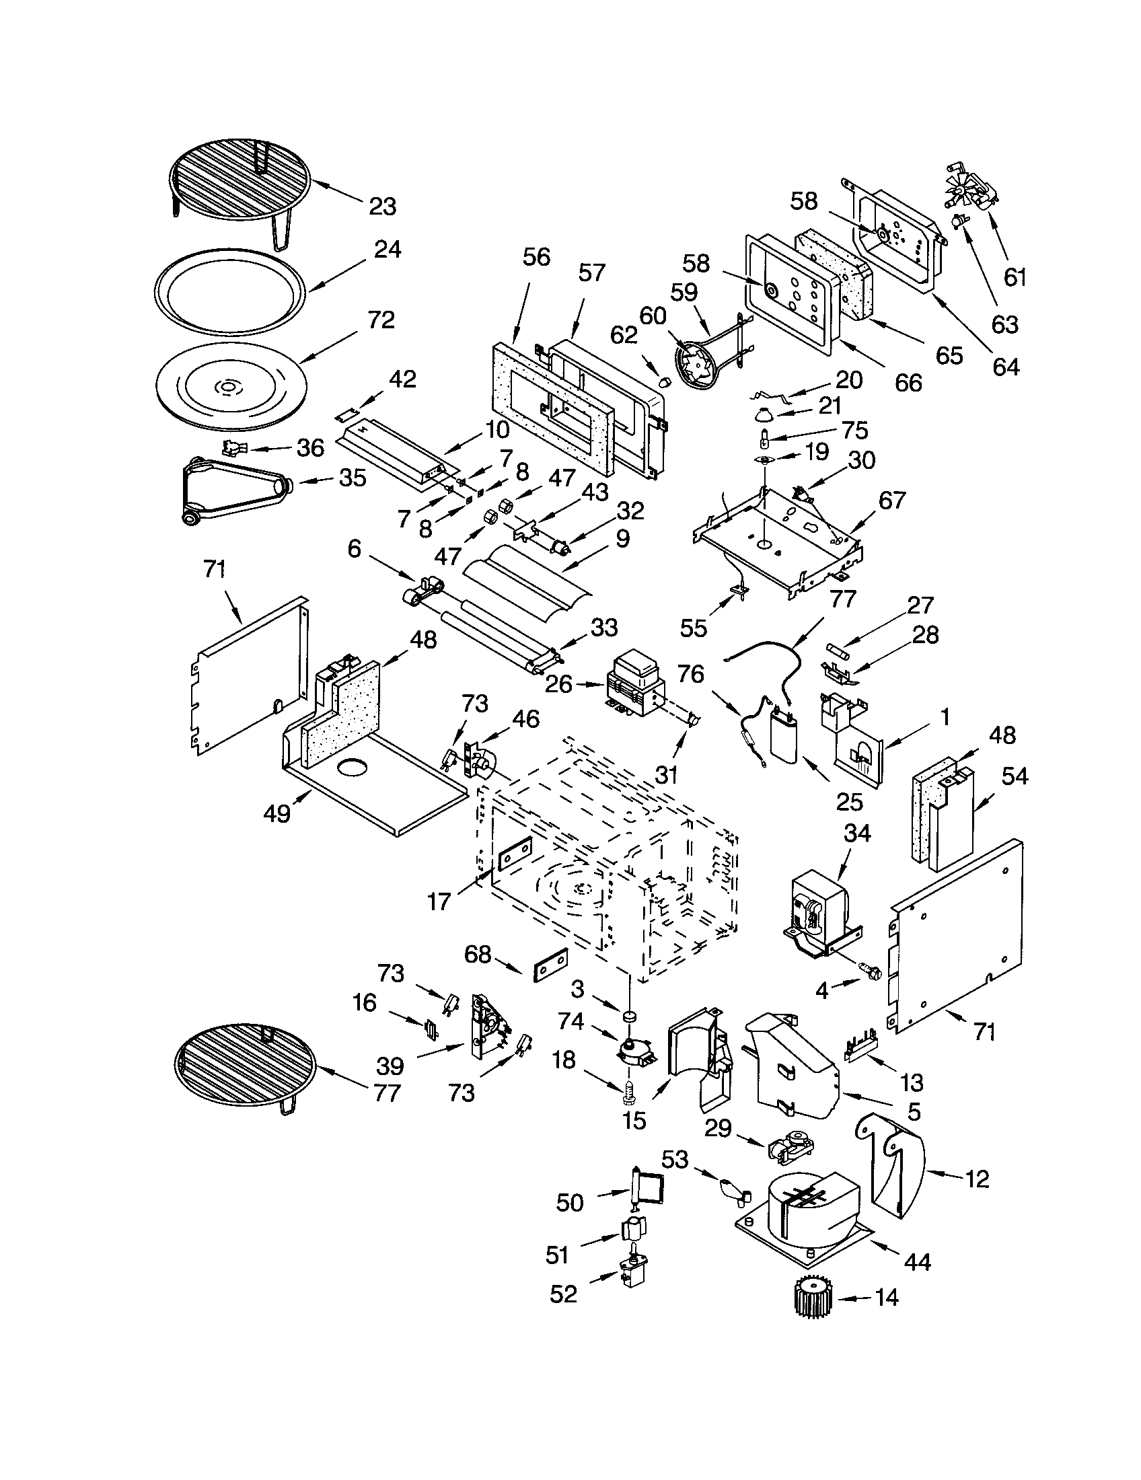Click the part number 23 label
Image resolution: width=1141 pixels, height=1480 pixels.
tap(382, 207)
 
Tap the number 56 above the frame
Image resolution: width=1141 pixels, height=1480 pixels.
tap(537, 258)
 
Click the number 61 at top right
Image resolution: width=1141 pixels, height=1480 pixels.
tap(1015, 277)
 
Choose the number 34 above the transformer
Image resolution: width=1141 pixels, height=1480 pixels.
tap(856, 834)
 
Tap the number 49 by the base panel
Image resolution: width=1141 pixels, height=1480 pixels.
tap(277, 813)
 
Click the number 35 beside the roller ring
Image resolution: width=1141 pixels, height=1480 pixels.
tap(353, 478)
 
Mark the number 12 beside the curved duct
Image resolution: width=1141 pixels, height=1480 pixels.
tap(976, 1179)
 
